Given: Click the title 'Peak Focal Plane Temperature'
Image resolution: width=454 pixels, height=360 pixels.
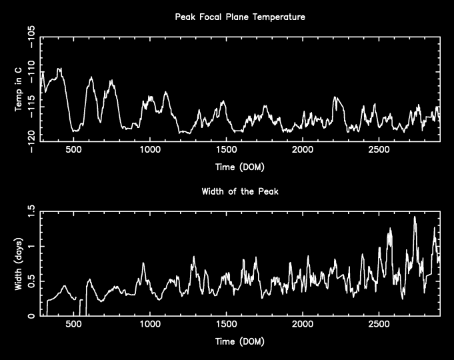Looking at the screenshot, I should coord(239,17).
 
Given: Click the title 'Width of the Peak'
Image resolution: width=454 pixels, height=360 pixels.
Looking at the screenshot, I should coord(239,191).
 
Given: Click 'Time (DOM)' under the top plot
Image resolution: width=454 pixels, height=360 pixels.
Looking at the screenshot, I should coord(239,166).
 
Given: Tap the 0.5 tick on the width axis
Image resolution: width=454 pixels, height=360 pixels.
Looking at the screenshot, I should coord(31,281).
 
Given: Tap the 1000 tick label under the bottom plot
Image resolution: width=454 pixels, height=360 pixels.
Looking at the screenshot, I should coord(150,326).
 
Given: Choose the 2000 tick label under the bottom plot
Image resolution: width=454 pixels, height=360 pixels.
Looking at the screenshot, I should coord(302,326).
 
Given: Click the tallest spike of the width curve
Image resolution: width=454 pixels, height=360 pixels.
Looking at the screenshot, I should coord(415,217).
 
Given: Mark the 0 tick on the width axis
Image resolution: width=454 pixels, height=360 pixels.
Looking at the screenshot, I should coord(31,316).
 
